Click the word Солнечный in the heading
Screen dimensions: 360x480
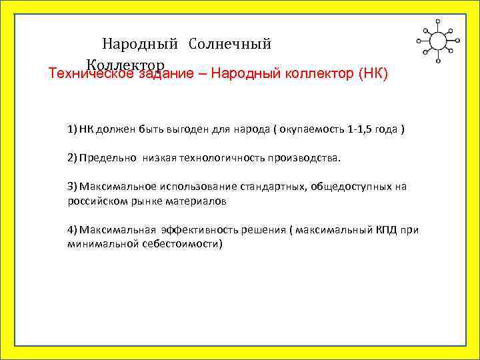pyautogui.click(x=230, y=45)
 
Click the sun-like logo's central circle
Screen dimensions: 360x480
pyautogui.click(x=438, y=41)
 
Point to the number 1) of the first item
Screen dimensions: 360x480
pyautogui.click(x=72, y=128)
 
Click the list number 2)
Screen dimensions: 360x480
pyautogui.click(x=72, y=157)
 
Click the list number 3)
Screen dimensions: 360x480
pyautogui.click(x=72, y=187)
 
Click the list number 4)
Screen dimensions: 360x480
pyautogui.click(x=72, y=230)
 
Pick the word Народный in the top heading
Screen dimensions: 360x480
pyautogui.click(x=140, y=45)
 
